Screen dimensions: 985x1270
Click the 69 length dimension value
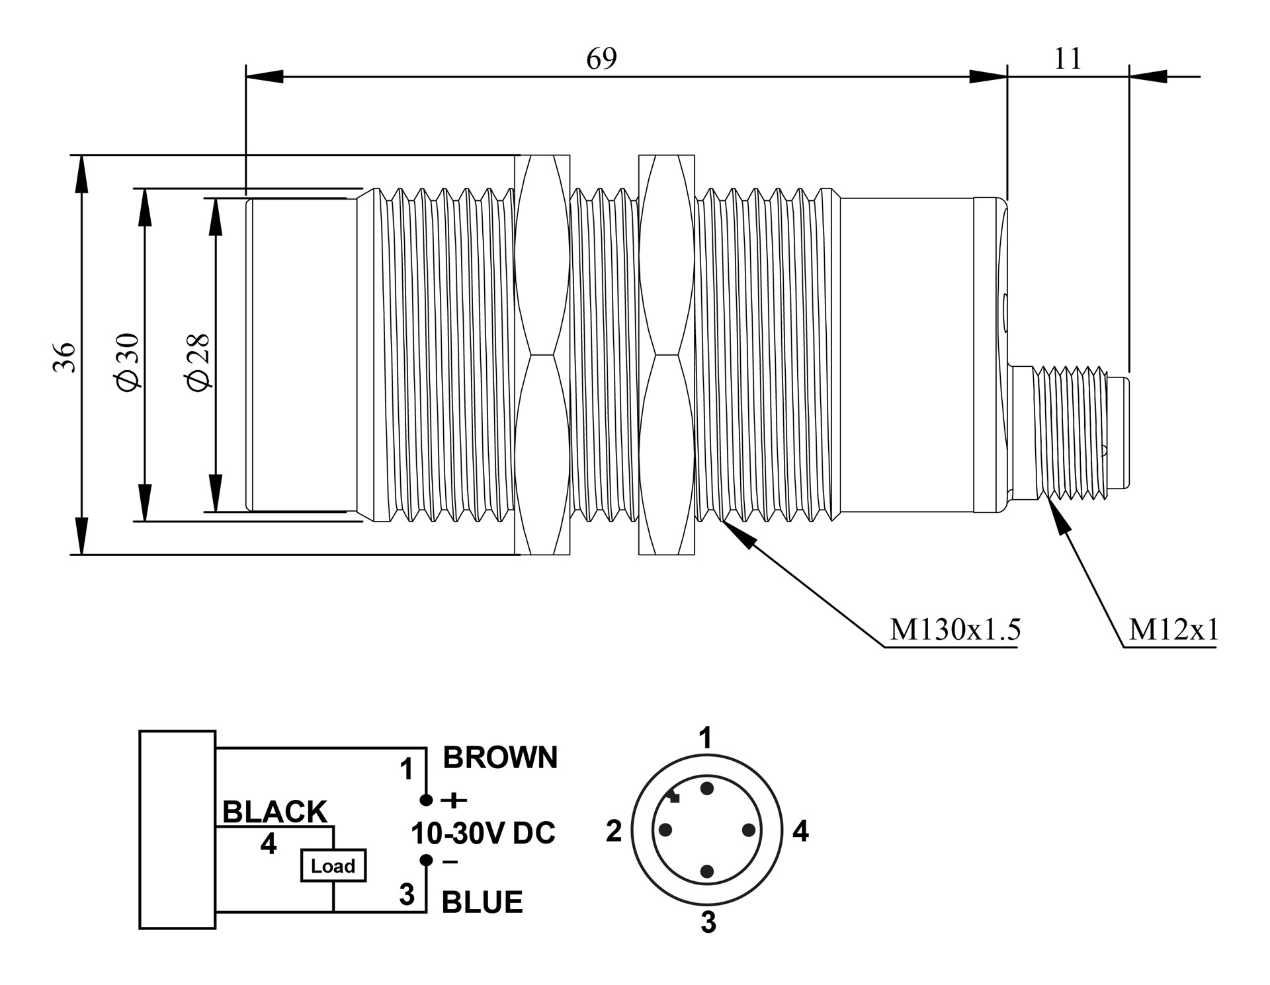601,59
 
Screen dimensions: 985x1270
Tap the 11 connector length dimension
1068,59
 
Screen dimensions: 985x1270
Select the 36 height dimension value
65,357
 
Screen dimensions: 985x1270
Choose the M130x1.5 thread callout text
955,630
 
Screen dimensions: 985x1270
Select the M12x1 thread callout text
1173,630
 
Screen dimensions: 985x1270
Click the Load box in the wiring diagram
333,865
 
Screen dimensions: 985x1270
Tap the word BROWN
500,758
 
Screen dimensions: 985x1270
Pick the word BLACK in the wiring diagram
275,812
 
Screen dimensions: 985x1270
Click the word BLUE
482,902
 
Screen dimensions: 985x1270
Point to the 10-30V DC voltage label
483,834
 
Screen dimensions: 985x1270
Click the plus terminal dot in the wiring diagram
427,801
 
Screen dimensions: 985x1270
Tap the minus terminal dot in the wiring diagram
427,860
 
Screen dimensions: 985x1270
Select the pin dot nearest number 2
665,830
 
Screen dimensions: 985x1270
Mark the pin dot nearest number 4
749,830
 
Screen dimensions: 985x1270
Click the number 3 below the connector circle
708,923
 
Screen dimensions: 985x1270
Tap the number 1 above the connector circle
706,738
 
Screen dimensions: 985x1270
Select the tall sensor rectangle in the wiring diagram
177,830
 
